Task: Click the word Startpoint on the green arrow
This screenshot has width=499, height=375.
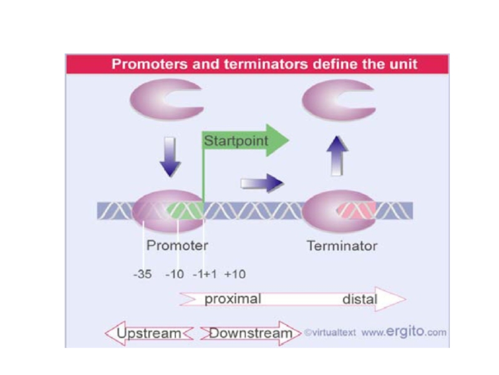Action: pyautogui.click(x=236, y=141)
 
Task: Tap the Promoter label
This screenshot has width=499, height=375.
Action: pyautogui.click(x=177, y=246)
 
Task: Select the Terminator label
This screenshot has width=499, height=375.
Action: pyautogui.click(x=342, y=246)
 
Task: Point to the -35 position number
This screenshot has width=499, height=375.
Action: pyautogui.click(x=142, y=274)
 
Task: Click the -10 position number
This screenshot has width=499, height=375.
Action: pyautogui.click(x=175, y=274)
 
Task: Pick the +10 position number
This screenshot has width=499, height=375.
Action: pyautogui.click(x=235, y=274)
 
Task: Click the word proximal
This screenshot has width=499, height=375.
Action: pyautogui.click(x=233, y=299)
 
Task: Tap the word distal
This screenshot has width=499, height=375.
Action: pyautogui.click(x=360, y=299)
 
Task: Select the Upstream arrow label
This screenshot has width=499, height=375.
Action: pyautogui.click(x=148, y=333)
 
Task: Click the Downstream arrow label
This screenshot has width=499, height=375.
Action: pyautogui.click(x=251, y=333)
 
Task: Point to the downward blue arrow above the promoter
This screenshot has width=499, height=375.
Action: pyautogui.click(x=170, y=157)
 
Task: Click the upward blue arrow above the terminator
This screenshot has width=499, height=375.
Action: pyautogui.click(x=337, y=156)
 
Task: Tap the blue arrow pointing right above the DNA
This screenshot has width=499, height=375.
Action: pyautogui.click(x=262, y=183)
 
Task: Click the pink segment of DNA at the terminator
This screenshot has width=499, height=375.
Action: pyautogui.click(x=356, y=211)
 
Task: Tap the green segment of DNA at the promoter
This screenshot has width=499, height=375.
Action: pyautogui.click(x=185, y=211)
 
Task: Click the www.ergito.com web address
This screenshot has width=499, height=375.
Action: pyautogui.click(x=404, y=332)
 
